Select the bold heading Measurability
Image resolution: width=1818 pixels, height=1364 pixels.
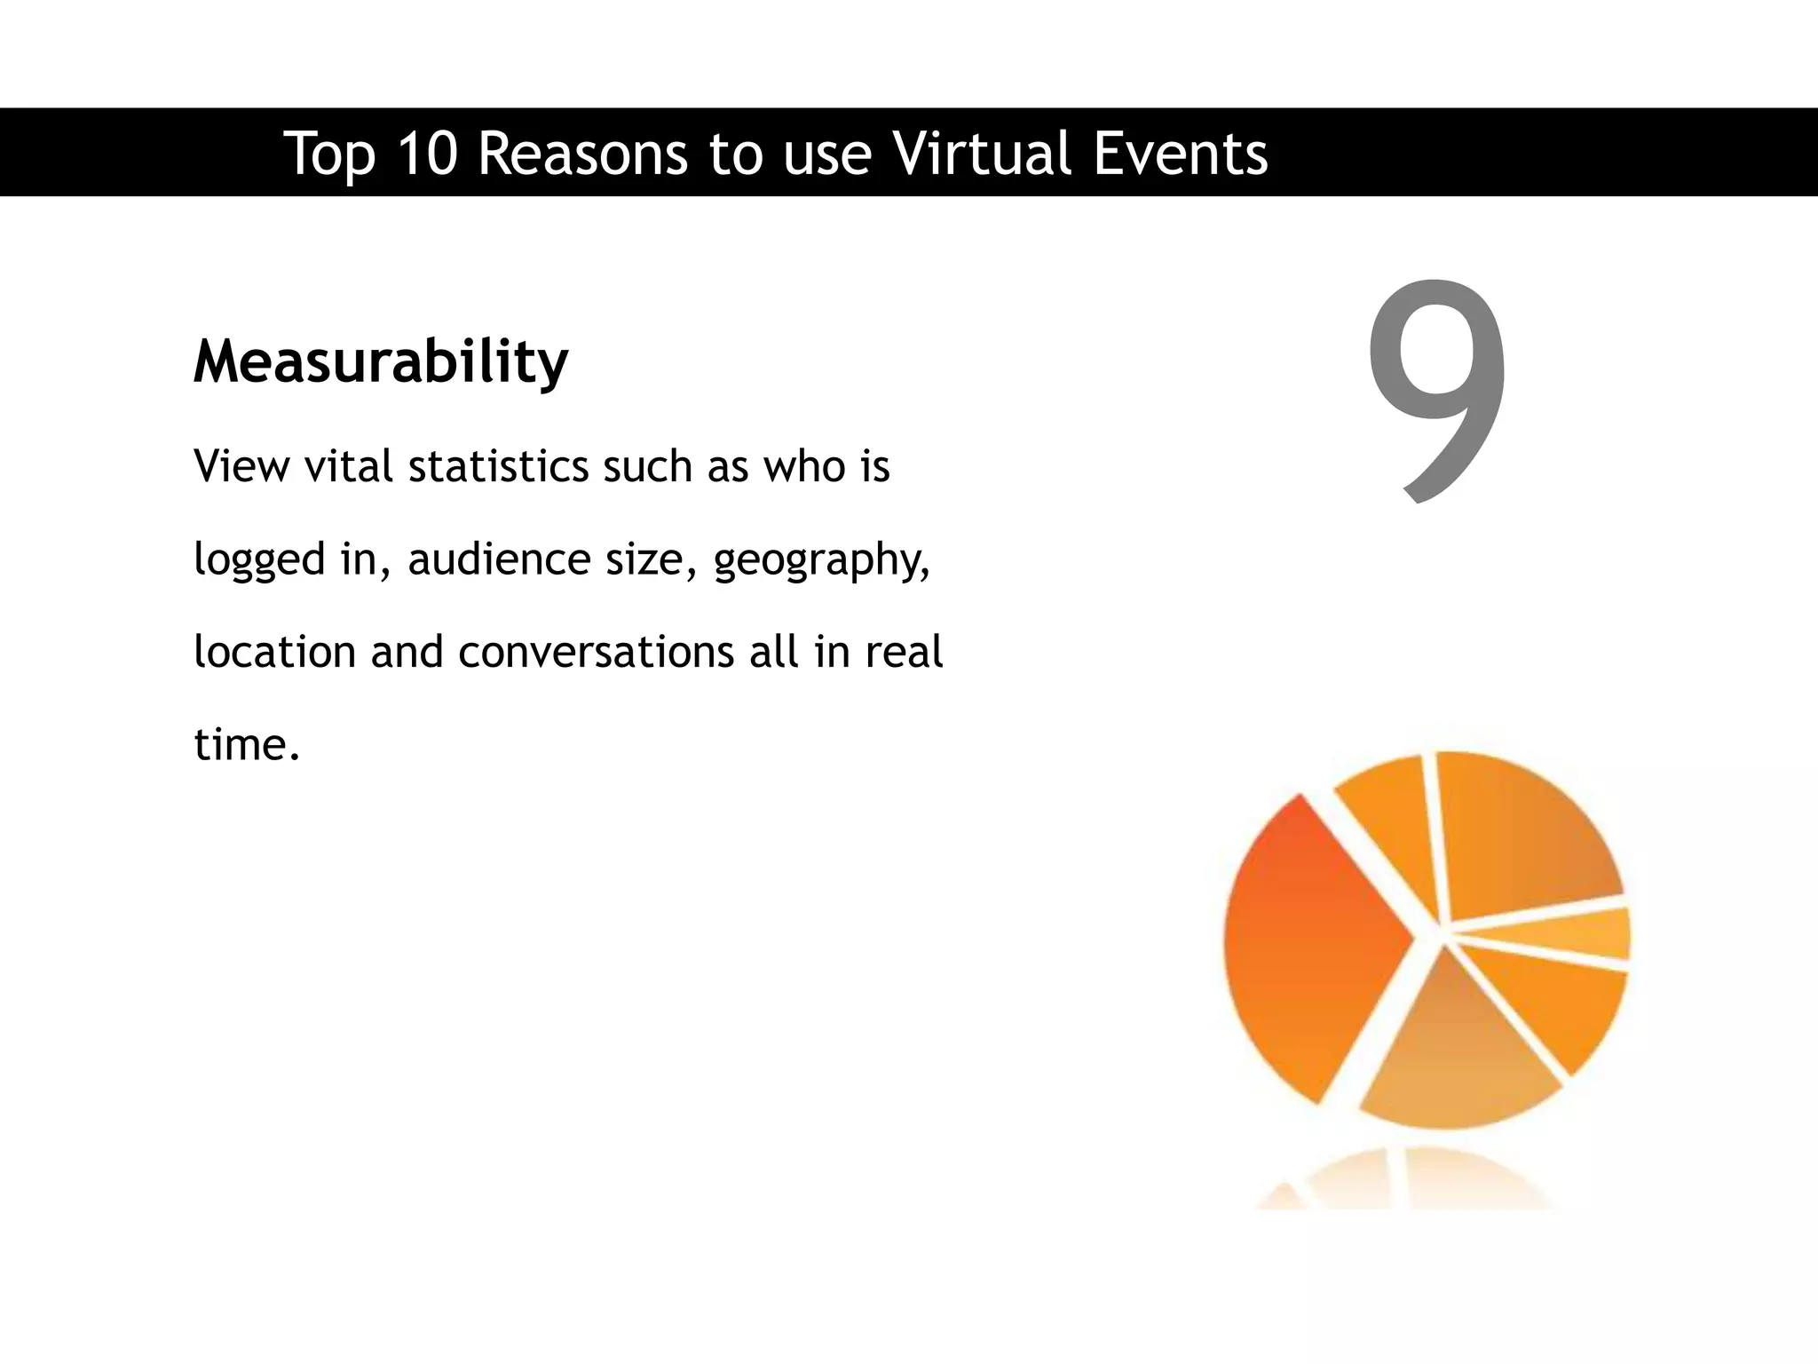(381, 362)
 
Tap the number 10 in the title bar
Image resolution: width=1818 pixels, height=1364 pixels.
(427, 154)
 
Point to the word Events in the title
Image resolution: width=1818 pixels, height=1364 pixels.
(1180, 154)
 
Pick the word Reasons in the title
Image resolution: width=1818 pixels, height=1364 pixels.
(583, 154)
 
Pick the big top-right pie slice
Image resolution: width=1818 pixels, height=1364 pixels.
(1518, 835)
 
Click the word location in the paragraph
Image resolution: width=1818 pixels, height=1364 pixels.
(274, 652)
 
